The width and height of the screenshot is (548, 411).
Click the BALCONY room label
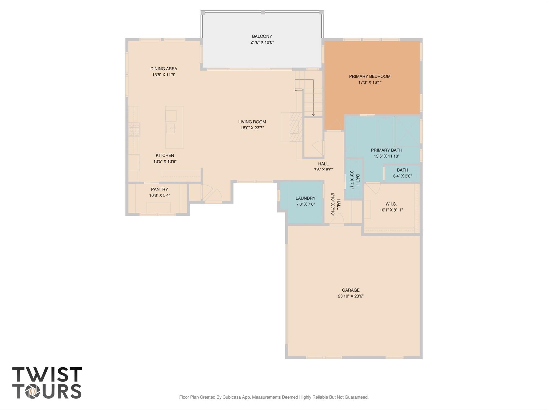262,36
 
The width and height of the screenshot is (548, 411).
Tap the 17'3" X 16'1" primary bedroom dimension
370,82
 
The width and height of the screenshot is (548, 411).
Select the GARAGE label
350,290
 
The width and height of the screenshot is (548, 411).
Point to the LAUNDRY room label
305,198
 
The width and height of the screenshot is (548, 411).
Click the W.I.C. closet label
391,204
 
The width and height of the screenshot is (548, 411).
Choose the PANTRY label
159,189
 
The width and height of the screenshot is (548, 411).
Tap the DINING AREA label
164,69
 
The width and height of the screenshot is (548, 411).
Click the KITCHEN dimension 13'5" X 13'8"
165,161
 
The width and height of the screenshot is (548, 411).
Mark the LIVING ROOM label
252,122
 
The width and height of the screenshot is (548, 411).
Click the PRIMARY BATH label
386,150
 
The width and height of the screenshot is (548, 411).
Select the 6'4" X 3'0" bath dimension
402,176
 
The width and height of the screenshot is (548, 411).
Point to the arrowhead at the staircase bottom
313,115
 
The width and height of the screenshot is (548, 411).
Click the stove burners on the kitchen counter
134,129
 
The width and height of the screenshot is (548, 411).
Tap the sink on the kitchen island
170,128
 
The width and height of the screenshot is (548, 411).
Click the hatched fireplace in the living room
296,127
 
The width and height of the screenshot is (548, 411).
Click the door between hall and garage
337,219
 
